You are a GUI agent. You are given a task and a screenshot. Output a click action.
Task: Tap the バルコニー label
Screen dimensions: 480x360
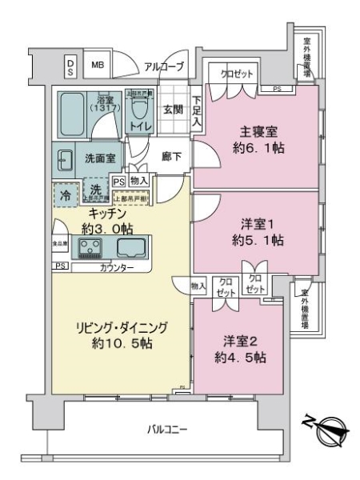pos(167,430)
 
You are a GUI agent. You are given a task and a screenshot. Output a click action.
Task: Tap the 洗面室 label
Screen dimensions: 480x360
pos(99,158)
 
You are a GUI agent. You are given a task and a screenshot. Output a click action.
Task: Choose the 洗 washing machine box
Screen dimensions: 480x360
pos(94,192)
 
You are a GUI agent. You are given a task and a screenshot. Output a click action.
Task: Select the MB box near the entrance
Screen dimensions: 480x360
pos(97,66)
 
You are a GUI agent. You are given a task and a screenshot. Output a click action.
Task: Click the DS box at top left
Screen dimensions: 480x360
pos(70,66)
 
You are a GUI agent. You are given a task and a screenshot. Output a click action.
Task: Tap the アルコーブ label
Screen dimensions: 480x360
pos(164,66)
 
